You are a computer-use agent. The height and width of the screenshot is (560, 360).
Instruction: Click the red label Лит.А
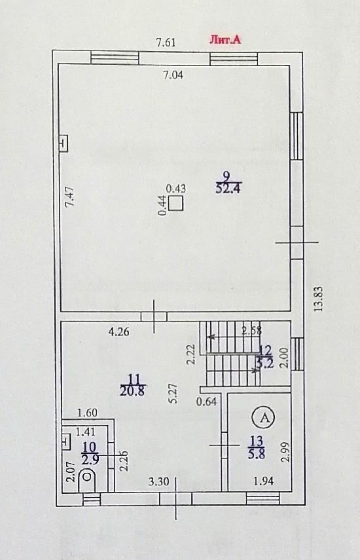click(225, 39)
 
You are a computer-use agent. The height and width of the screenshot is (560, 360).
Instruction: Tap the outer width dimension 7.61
click(166, 43)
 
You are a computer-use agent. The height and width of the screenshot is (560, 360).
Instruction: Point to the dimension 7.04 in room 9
click(173, 75)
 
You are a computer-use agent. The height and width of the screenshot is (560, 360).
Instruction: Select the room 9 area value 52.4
click(228, 188)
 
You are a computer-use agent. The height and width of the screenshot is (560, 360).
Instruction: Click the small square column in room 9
click(175, 203)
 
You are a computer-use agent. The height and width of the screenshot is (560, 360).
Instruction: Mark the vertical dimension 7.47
click(70, 196)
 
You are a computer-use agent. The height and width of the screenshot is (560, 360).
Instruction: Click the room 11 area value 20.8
click(132, 391)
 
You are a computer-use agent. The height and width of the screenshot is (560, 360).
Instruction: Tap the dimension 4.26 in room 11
click(119, 332)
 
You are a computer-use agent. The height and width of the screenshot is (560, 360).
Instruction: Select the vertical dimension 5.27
click(173, 393)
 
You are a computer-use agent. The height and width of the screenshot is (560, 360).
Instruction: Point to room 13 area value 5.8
click(256, 455)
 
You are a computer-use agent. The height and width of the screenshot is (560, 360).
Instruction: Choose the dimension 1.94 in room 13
click(264, 481)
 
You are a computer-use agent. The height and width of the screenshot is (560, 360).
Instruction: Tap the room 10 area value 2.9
click(90, 460)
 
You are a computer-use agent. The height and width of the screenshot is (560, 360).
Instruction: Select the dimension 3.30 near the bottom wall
click(159, 482)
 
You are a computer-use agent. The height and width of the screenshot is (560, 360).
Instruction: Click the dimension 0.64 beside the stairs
click(207, 401)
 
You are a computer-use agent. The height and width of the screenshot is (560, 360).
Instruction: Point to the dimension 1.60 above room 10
click(88, 413)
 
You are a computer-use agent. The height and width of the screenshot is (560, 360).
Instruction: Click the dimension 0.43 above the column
click(176, 188)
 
